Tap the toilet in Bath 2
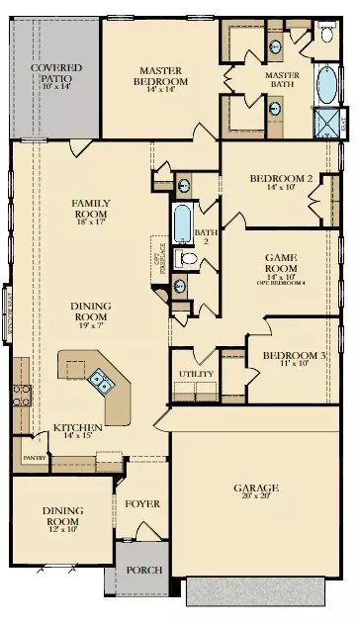pyautogui.click(x=190, y=259)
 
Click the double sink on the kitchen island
pyautogui.click(x=100, y=378)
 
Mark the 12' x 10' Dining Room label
pyautogui.click(x=61, y=516)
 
